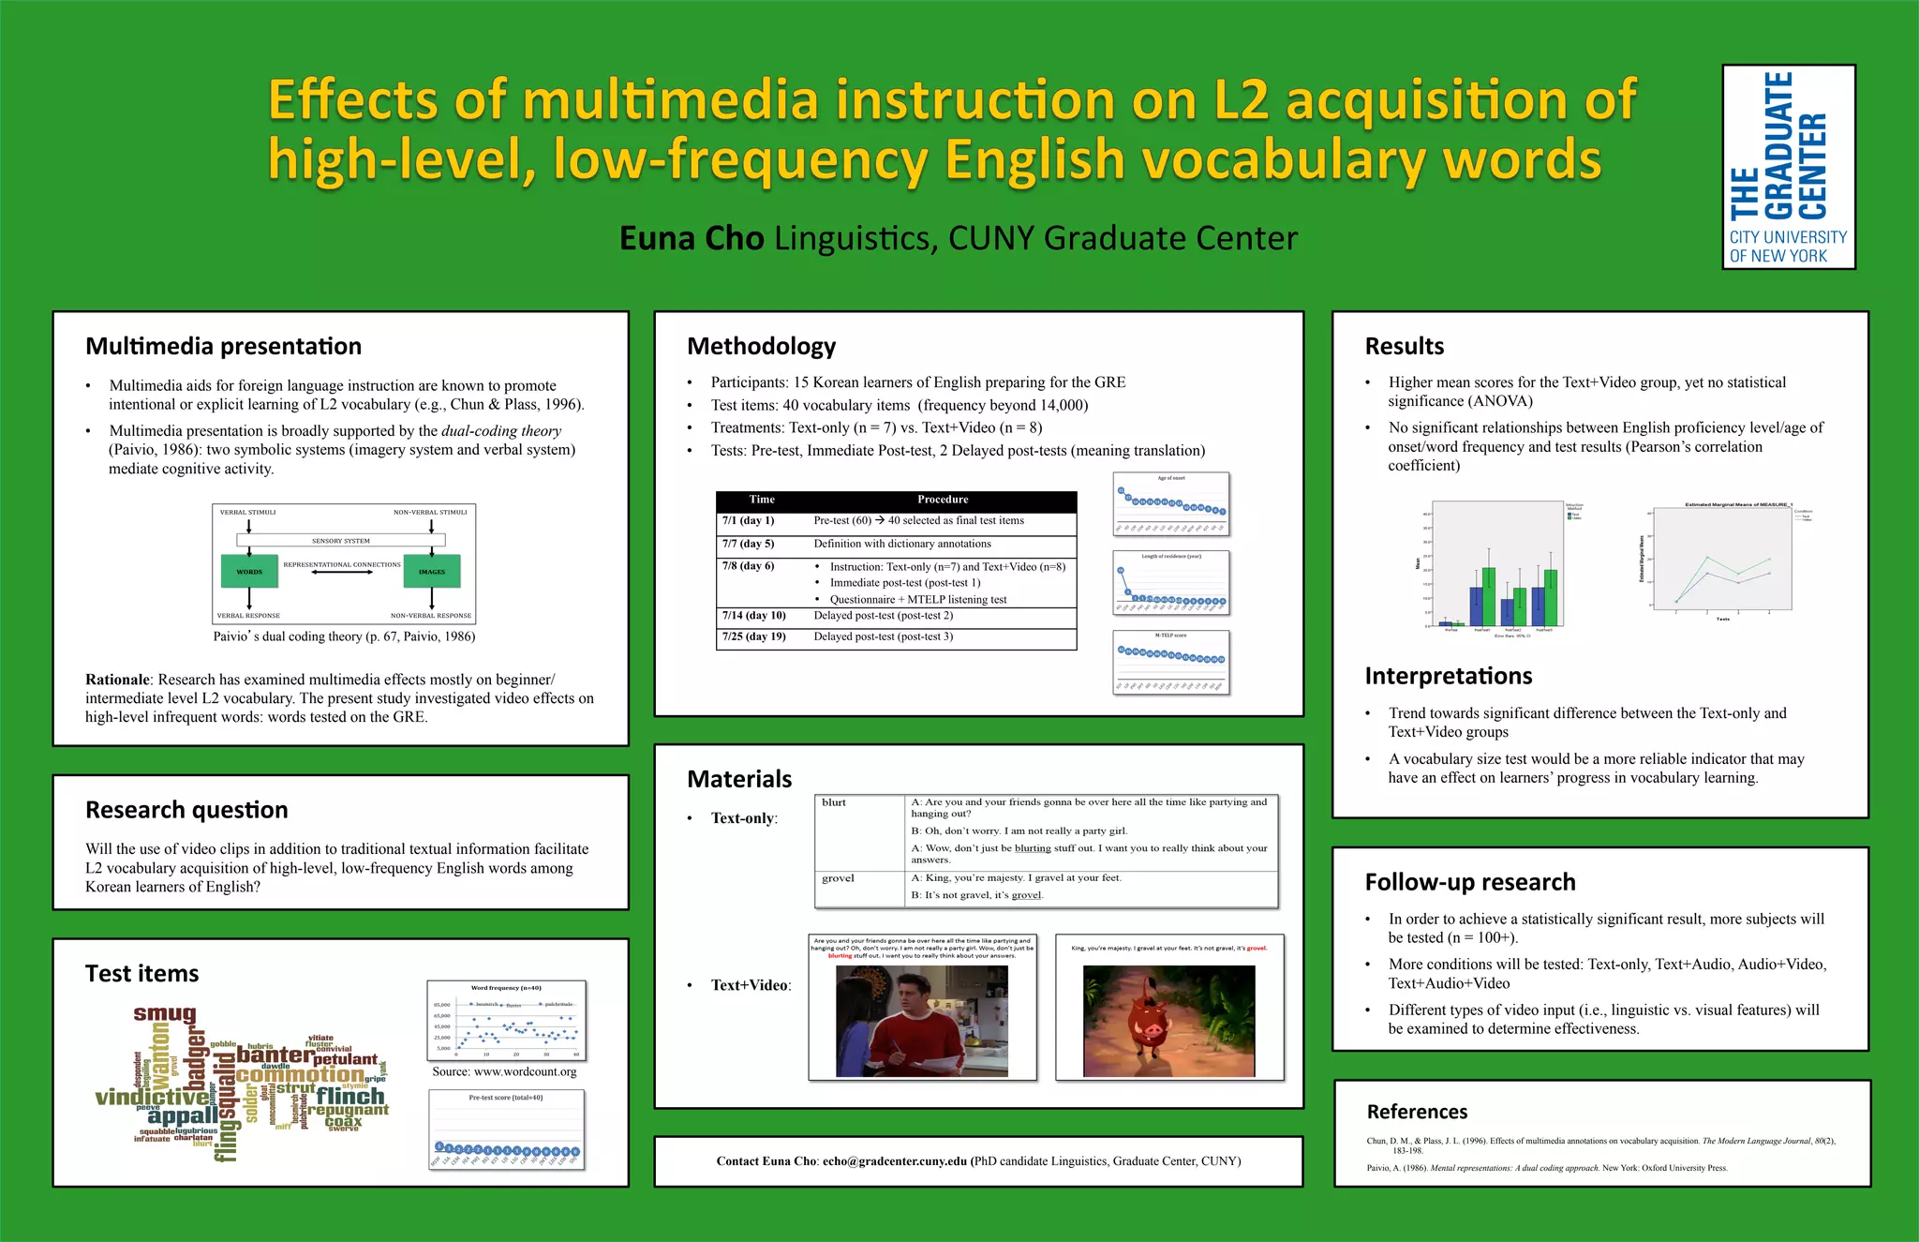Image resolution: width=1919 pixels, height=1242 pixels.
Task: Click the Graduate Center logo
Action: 1788,167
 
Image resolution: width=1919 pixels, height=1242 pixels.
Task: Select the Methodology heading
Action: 761,347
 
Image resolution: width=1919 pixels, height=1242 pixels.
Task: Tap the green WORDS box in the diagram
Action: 249,571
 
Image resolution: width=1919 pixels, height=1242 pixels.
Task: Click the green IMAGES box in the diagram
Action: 432,571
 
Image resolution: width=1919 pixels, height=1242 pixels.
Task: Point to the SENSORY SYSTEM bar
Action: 341,541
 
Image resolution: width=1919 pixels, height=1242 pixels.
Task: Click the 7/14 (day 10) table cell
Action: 754,616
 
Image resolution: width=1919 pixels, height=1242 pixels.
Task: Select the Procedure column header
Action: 943,500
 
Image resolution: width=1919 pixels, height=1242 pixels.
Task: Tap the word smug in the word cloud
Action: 165,1013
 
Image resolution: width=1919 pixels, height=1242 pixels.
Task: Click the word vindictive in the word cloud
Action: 152,1096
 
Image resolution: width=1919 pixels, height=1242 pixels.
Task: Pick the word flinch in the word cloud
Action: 350,1096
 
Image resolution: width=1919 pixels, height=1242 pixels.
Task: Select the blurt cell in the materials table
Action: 834,803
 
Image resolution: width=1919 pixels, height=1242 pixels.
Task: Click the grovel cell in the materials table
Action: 838,878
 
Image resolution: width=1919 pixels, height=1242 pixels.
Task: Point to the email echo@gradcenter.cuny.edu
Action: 894,1161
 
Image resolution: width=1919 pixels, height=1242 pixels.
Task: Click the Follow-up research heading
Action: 1469,882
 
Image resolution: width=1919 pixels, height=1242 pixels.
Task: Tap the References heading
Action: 1417,1112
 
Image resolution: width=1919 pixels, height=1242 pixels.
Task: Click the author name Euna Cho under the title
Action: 692,239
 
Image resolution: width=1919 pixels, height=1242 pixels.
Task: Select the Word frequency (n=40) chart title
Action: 506,988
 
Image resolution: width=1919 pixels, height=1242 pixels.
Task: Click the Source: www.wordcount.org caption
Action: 504,1071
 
